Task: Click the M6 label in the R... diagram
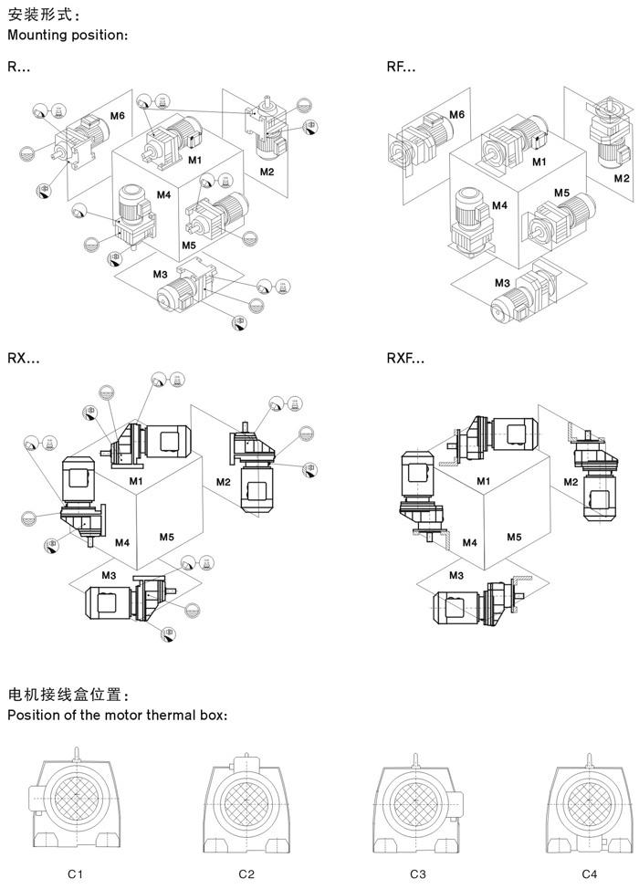[118, 116]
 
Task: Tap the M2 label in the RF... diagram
[622, 178]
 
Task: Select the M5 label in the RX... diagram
[167, 537]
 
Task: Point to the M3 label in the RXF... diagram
[456, 575]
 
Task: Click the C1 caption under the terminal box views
[76, 873]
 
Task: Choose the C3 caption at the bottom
[418, 873]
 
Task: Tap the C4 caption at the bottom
[589, 873]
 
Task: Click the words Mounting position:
[68, 36]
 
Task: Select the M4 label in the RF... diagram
[499, 205]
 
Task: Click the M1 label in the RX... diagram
[136, 481]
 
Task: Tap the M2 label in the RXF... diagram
[571, 482]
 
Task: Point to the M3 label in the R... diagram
[161, 275]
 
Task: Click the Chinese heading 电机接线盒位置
[68, 695]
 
